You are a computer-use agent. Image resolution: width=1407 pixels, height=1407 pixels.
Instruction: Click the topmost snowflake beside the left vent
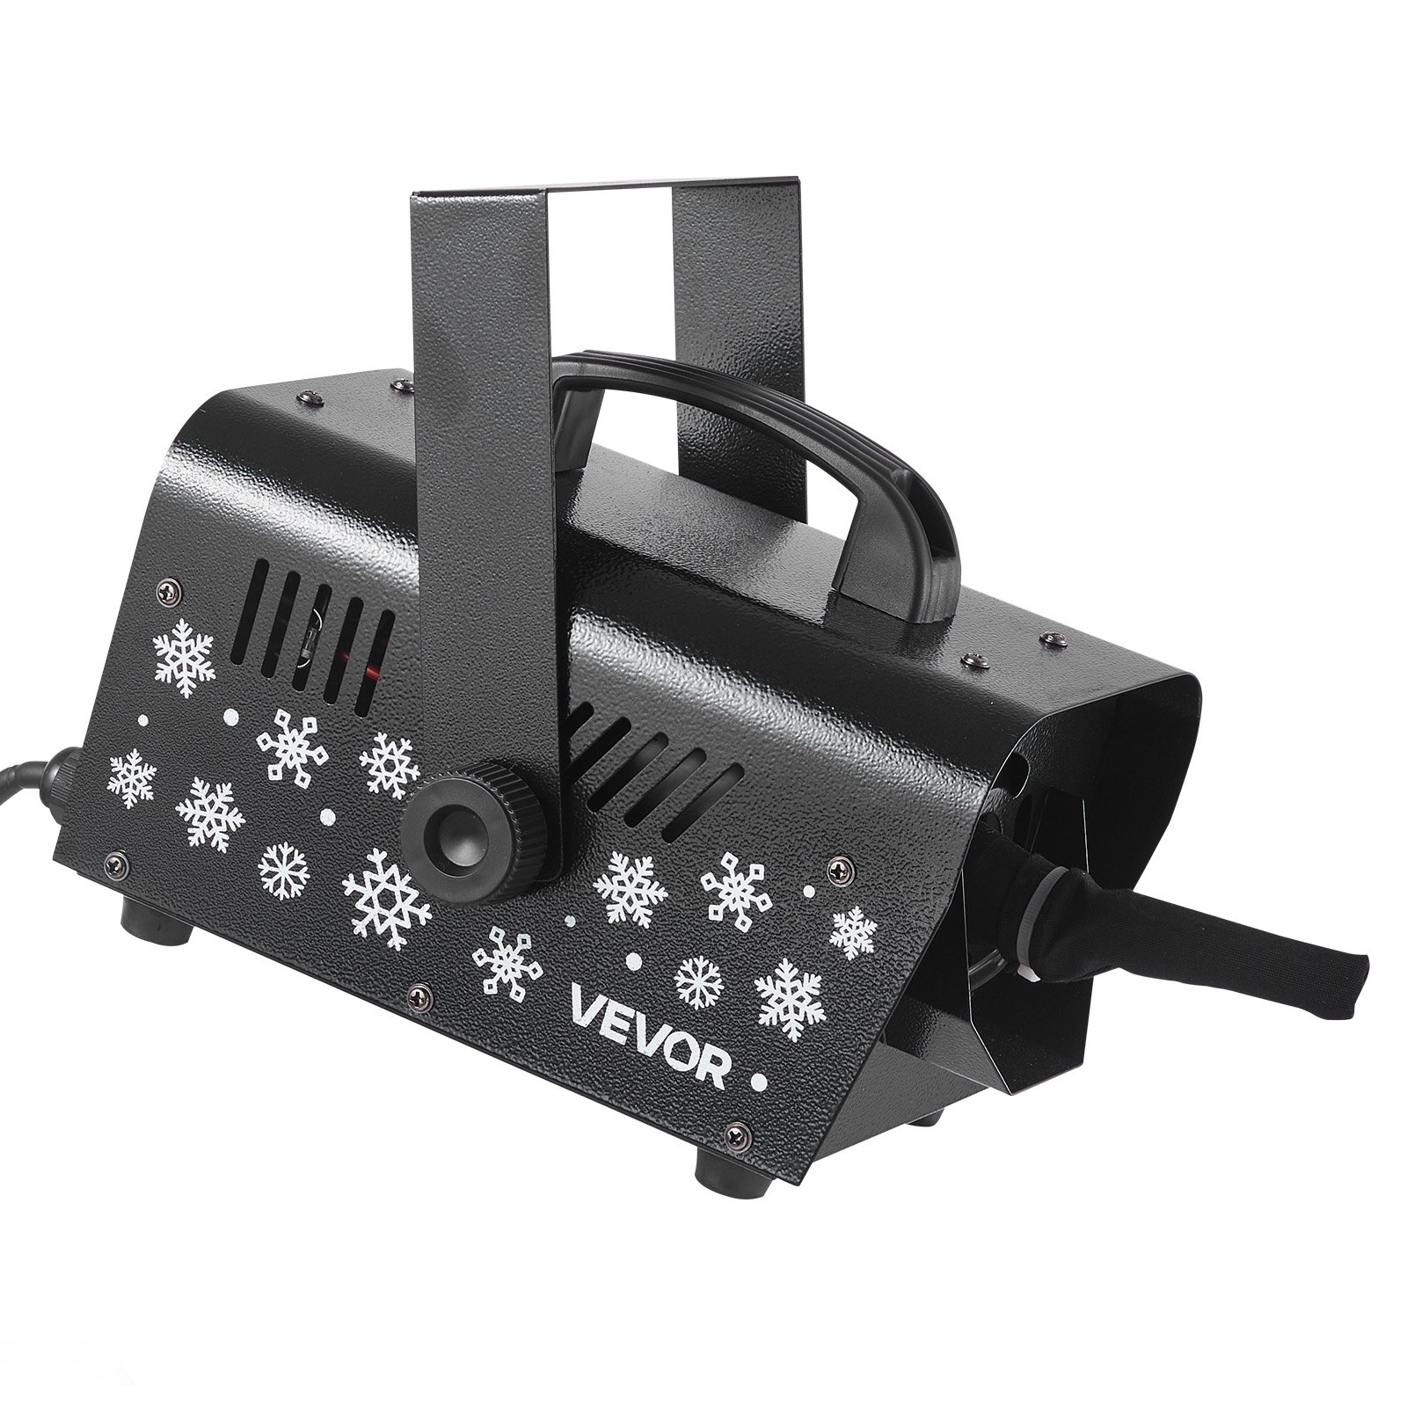(184, 657)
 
